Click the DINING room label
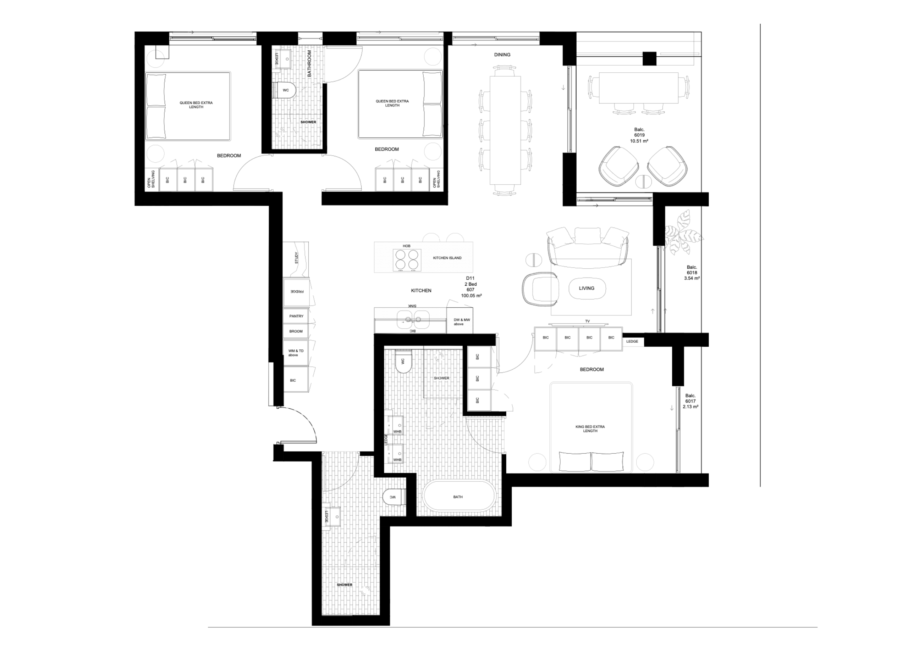(502, 55)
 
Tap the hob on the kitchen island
(407, 260)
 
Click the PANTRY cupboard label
(296, 316)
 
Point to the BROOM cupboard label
(296, 331)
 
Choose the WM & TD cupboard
(296, 353)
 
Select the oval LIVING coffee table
(587, 289)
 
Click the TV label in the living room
(588, 321)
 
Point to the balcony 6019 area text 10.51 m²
(639, 141)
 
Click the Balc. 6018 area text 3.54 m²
(692, 278)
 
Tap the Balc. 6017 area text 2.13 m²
(690, 407)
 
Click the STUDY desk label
(296, 258)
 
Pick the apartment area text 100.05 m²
(471, 296)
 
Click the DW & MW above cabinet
(460, 321)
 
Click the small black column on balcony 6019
(650, 59)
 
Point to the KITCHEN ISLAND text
(447, 258)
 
